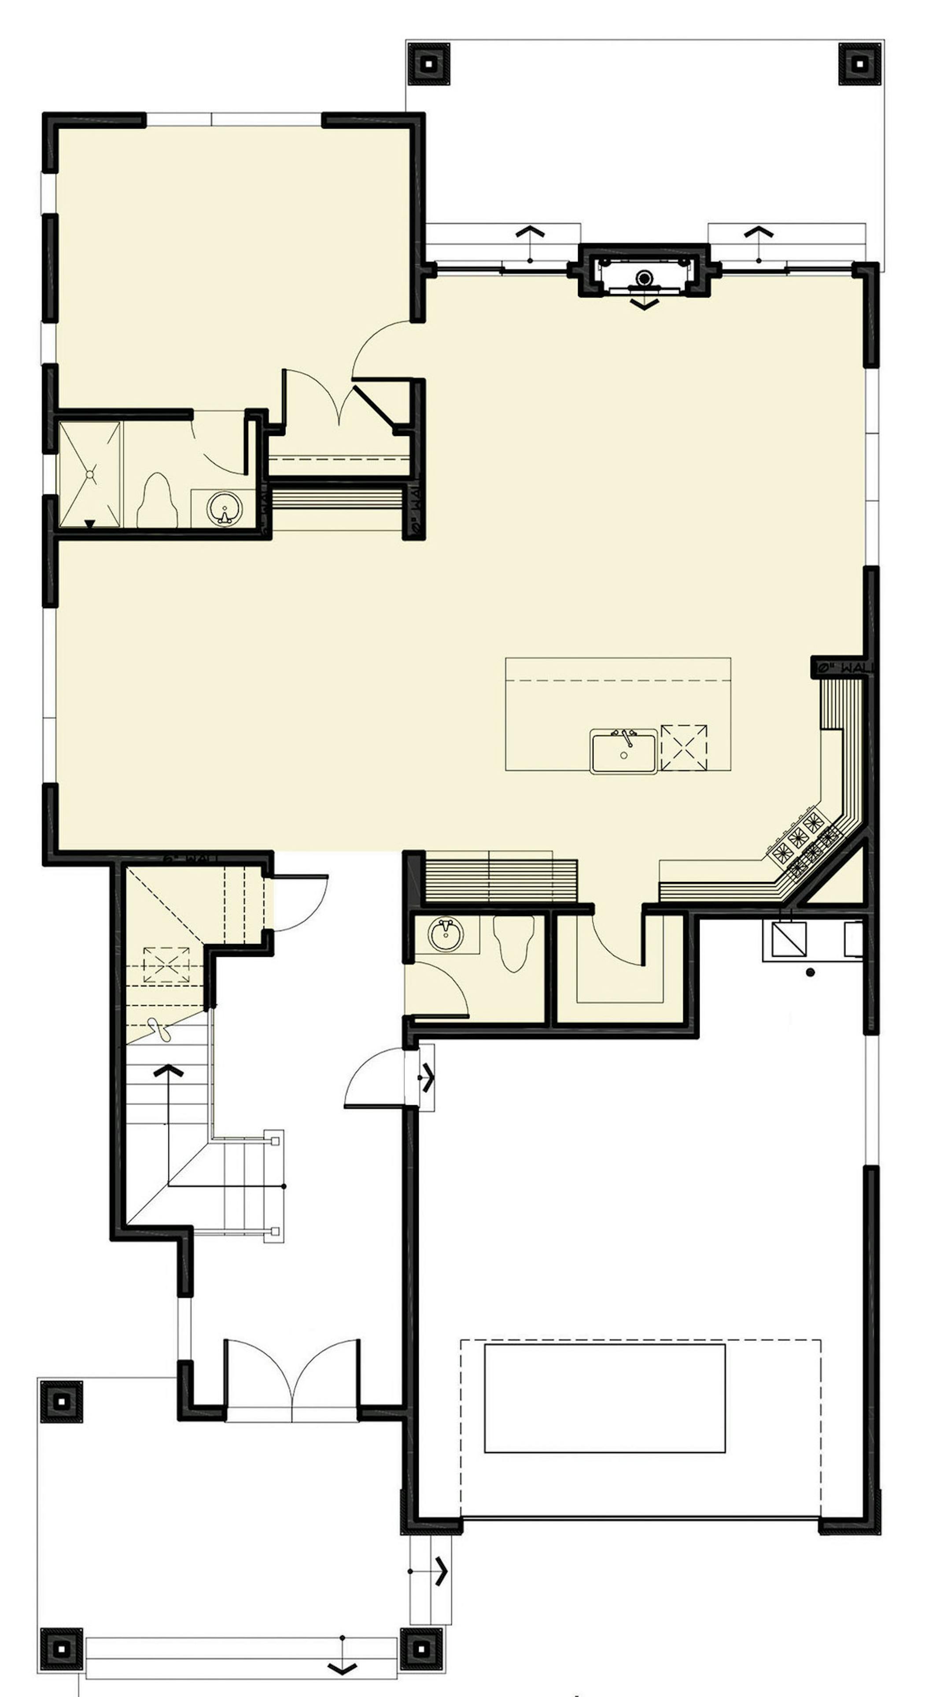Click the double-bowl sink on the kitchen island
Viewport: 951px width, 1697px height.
coord(623,751)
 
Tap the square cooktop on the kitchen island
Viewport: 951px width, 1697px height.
coord(684,747)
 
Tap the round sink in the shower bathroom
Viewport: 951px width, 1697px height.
coord(225,509)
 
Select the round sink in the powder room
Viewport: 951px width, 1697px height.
coord(446,934)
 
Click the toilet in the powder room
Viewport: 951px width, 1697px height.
coord(514,944)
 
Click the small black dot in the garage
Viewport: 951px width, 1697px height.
coord(810,972)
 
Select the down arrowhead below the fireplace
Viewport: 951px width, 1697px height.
coord(644,304)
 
